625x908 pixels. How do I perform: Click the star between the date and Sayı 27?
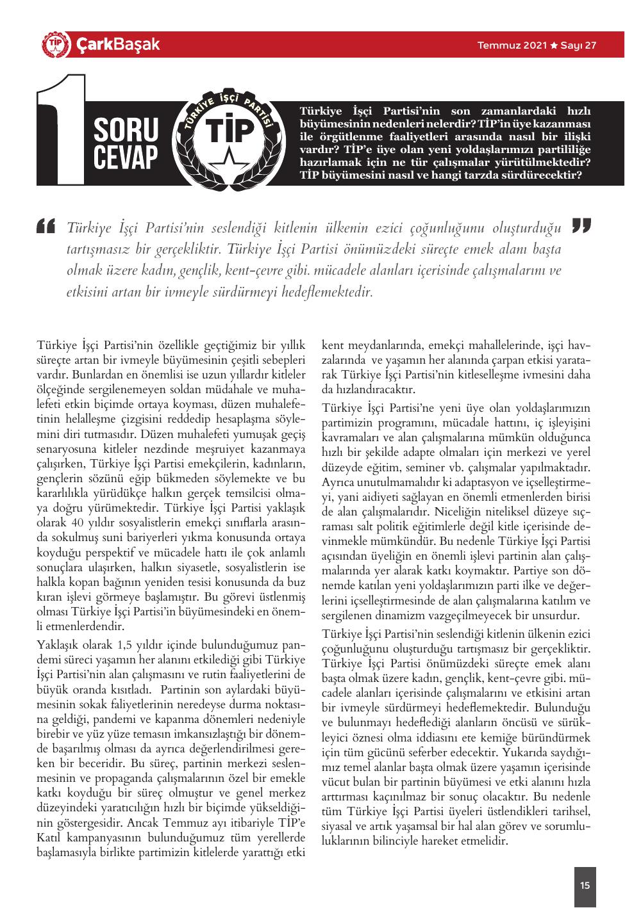554,46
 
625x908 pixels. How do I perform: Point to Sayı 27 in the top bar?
579,46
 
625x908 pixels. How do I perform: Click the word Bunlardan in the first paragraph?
94,374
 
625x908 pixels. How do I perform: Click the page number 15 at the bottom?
585,886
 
